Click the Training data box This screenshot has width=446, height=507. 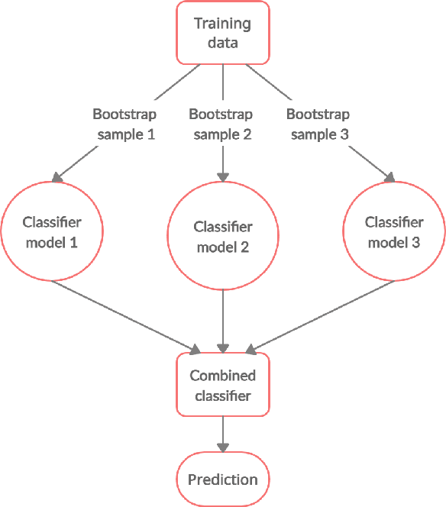pos(222,32)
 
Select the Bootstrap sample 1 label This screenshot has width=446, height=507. pos(124,124)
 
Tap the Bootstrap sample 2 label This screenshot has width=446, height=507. pos(221,124)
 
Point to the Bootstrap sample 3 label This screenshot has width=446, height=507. pos(318,124)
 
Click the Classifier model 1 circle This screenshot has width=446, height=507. pos(52,232)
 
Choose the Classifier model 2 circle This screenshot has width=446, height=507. pos(222,237)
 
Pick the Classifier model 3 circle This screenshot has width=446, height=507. pos(394,232)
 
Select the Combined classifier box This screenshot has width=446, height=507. pos(222,385)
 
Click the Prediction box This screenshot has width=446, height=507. pos(222,480)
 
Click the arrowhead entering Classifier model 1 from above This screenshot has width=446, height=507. pos(55,177)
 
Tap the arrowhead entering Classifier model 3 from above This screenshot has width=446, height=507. pos(389,177)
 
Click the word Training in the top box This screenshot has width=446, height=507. pos(222,24)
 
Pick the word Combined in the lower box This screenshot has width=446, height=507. pos(222,376)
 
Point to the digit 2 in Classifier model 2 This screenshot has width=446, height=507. pos(244,247)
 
